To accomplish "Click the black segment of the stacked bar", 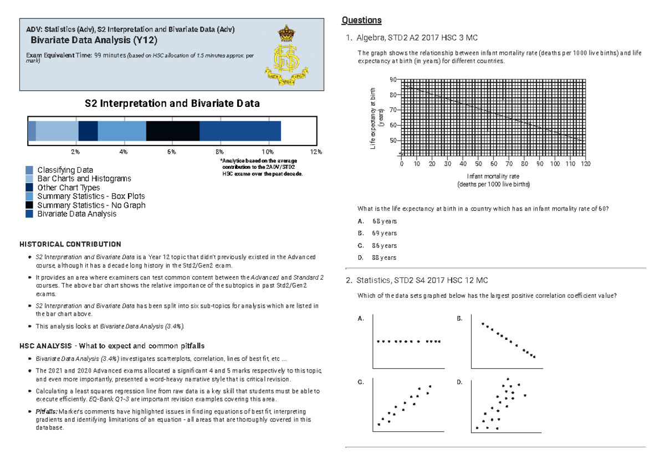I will pos(172,131).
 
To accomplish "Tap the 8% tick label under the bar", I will pos(220,152).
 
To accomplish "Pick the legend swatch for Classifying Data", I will pos(29,170).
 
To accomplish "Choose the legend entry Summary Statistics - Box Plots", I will pos(91,197).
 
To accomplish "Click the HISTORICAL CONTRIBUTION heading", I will pos(70,244).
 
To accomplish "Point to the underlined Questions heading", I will pos(361,20).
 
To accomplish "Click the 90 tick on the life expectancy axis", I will pos(393,80).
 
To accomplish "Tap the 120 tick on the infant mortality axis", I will pos(586,164).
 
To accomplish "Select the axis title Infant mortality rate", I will pos(493,176).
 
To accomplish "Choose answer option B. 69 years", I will pos(377,234).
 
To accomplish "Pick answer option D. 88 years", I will pos(377,258).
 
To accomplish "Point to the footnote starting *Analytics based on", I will pos(262,167).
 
